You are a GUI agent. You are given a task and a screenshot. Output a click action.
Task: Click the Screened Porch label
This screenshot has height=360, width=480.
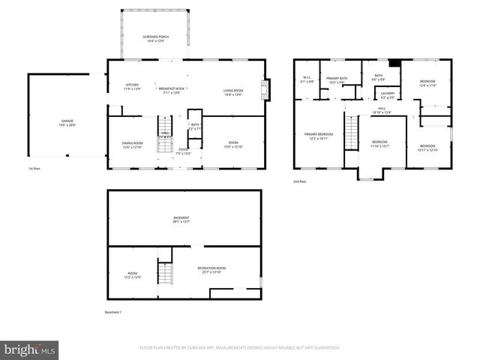(x=153, y=38)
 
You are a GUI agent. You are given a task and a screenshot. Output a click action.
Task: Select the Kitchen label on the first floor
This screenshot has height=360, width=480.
(x=132, y=86)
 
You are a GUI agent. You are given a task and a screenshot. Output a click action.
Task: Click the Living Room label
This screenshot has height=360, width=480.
(x=233, y=92)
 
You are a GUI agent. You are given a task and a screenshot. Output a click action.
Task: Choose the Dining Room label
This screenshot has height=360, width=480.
(x=132, y=144)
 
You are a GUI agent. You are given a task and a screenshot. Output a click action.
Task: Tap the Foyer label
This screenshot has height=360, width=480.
(x=182, y=151)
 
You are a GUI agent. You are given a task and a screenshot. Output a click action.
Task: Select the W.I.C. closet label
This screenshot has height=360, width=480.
(x=307, y=78)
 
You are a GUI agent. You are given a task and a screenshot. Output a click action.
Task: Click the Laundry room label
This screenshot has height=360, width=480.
(x=387, y=94)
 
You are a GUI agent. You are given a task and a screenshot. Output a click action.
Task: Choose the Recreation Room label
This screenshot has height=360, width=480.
(x=211, y=270)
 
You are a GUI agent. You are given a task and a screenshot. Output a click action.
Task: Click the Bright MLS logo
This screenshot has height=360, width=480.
(x=30, y=349)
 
